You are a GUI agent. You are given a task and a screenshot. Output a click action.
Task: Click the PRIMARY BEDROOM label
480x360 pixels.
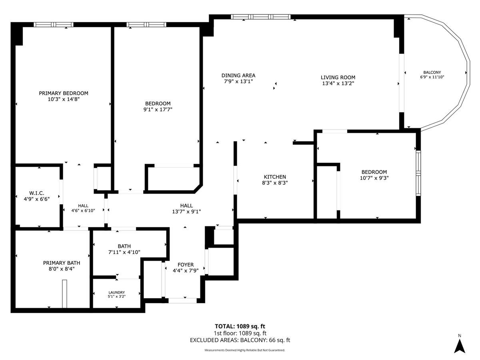[x=64, y=93]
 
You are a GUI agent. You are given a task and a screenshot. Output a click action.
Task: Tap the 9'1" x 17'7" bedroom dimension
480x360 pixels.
[x=158, y=110]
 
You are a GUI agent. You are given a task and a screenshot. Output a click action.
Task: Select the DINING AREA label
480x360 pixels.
[x=238, y=76]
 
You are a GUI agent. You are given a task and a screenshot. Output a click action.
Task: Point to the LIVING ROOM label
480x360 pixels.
[x=338, y=77]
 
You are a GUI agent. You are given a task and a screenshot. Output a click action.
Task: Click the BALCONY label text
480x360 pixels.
[x=432, y=72]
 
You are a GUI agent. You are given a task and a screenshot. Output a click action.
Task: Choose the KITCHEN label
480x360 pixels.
[x=275, y=177]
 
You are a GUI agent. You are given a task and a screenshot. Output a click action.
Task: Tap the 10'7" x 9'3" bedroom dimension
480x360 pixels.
[x=374, y=178]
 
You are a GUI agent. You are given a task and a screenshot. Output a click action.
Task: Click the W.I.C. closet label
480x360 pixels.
[x=37, y=193]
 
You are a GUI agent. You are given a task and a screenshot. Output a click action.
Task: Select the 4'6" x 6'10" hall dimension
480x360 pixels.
[x=83, y=211]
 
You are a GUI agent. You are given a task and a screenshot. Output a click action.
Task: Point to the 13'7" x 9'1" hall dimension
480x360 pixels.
[x=186, y=212]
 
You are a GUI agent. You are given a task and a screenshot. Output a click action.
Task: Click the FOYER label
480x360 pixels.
[x=186, y=265]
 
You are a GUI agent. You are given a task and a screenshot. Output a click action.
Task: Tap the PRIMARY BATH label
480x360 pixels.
[x=62, y=263]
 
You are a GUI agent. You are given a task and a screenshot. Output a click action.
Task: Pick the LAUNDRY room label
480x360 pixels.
[x=116, y=292]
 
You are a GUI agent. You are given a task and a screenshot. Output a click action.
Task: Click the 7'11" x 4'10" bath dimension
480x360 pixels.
[x=124, y=252]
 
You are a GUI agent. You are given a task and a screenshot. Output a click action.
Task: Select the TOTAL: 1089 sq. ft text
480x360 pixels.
[x=240, y=326]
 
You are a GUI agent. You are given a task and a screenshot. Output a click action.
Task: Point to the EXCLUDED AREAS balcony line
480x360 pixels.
[x=240, y=340]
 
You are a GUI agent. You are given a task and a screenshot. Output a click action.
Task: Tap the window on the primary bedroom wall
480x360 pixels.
[x=54, y=24]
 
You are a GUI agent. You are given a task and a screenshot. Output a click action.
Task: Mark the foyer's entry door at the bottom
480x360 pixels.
[x=182, y=300]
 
